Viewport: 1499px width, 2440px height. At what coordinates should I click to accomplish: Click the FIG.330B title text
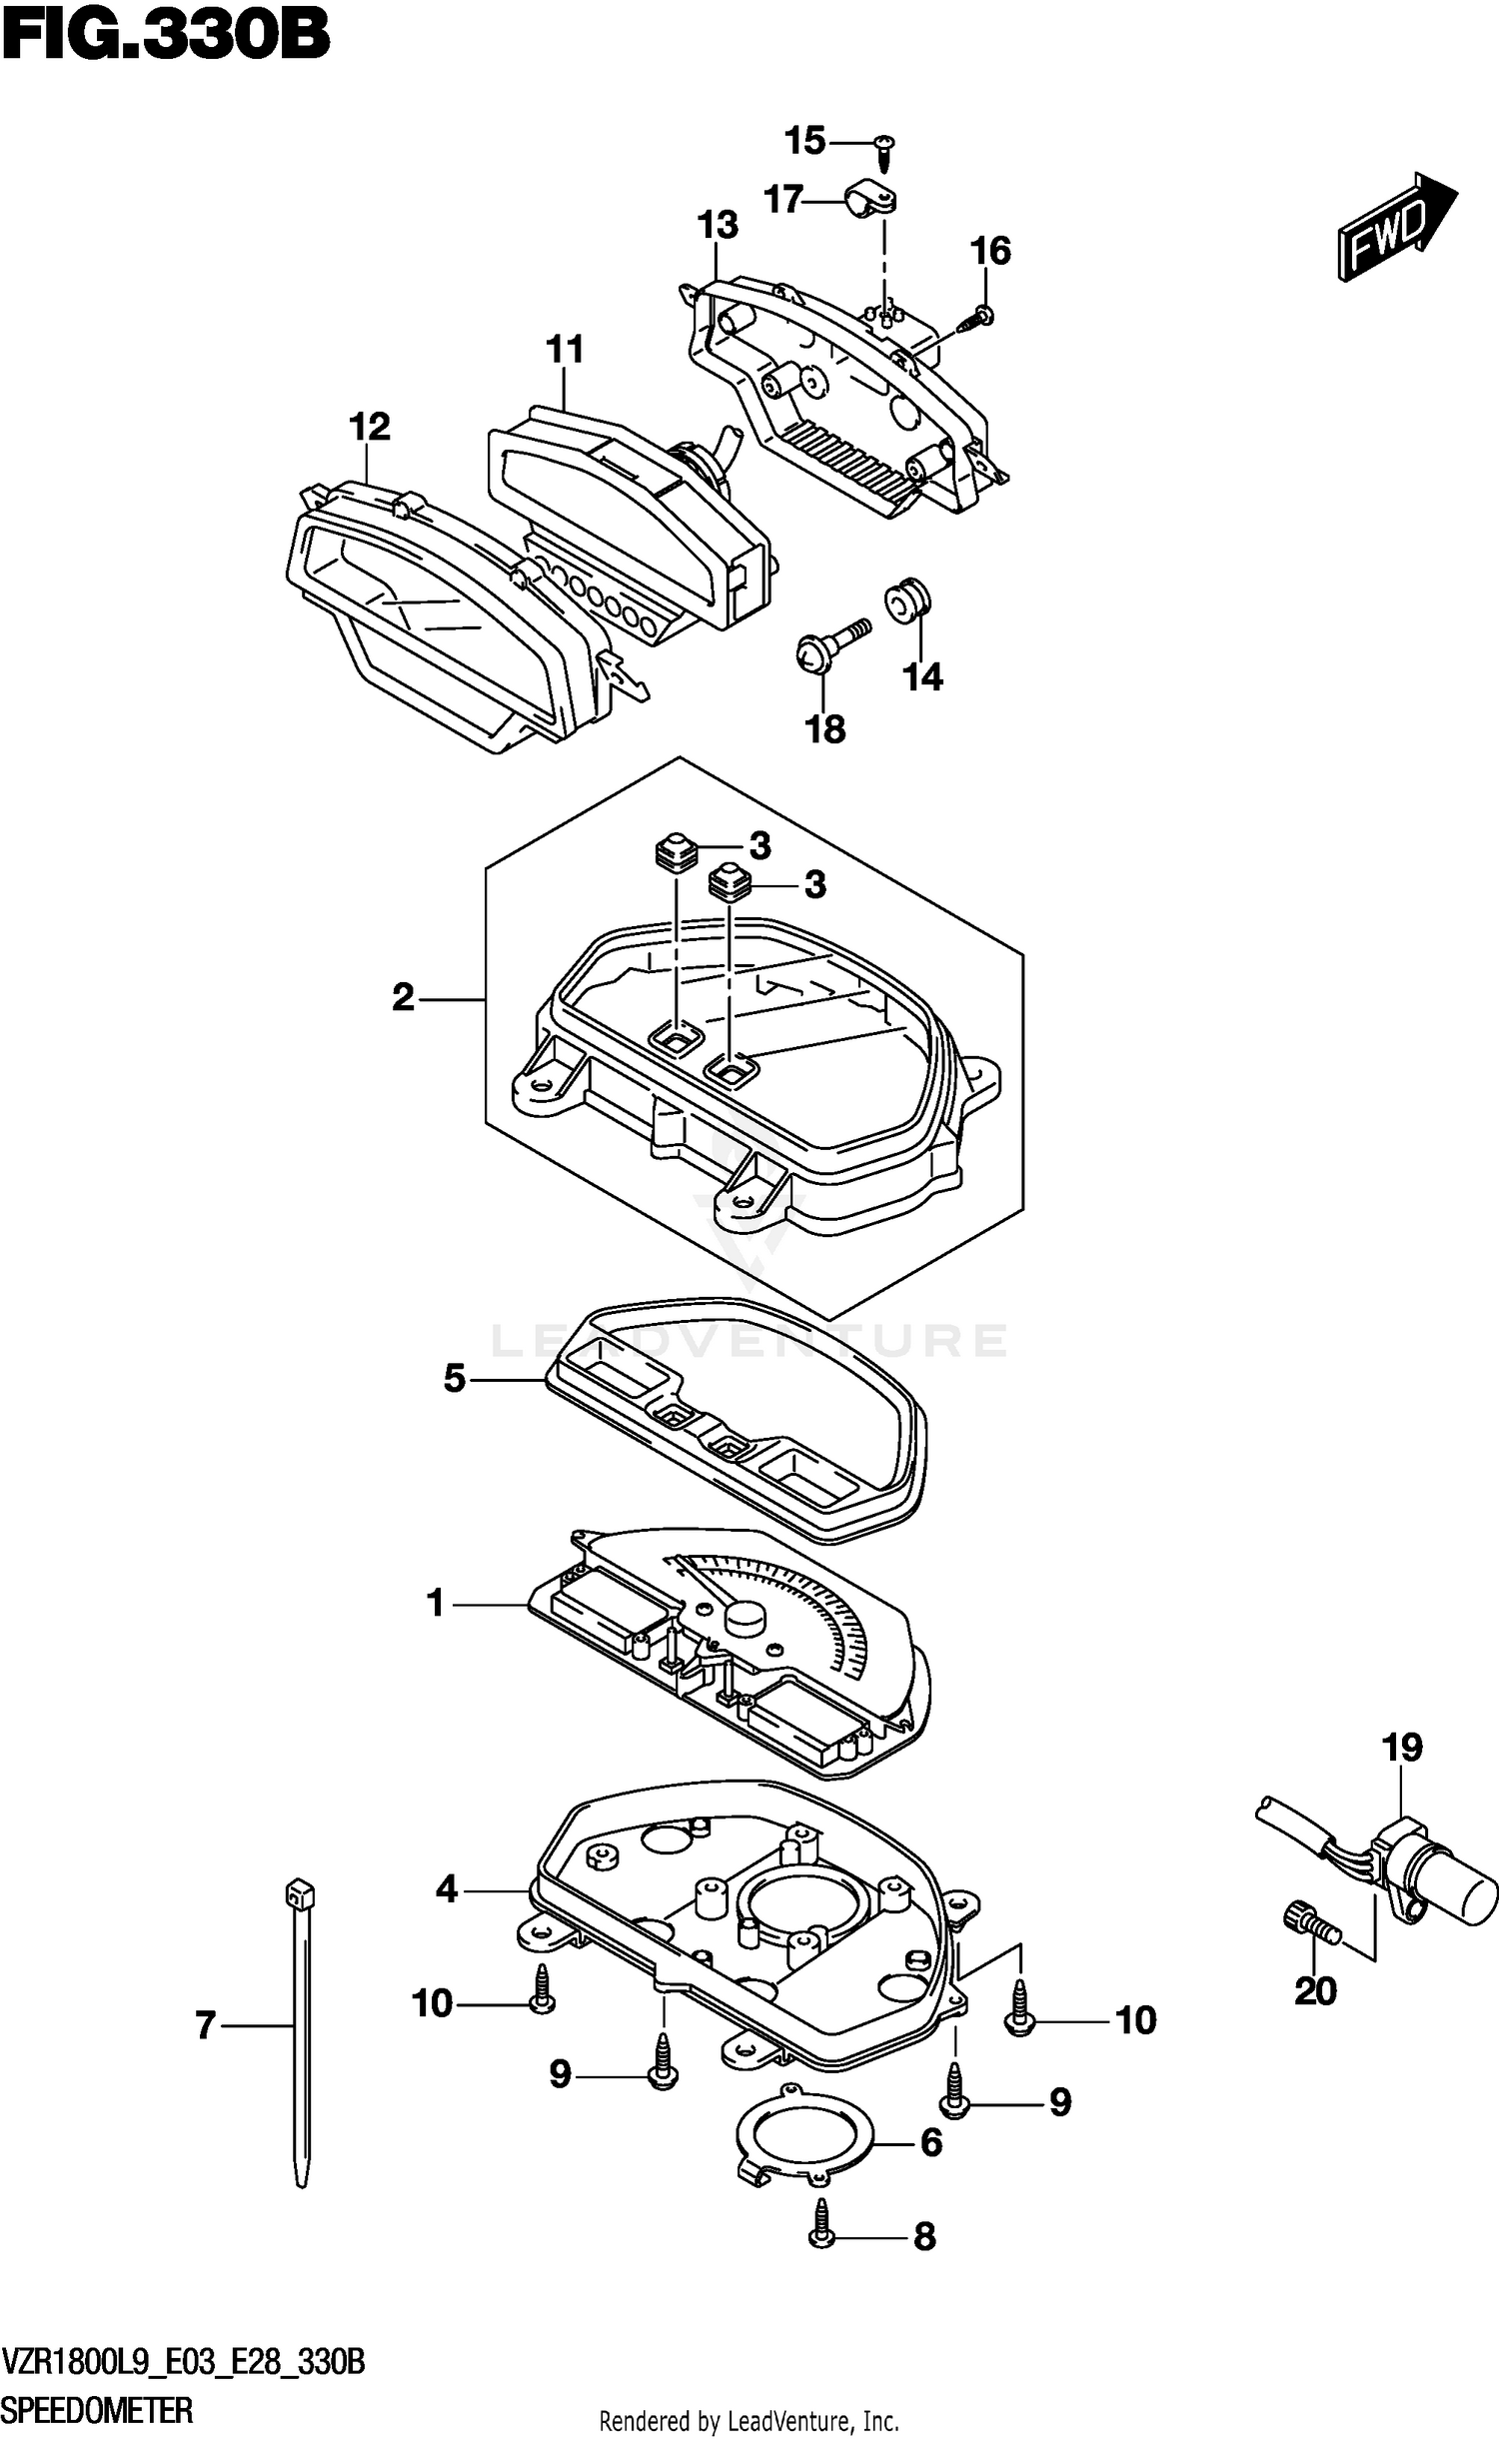166,36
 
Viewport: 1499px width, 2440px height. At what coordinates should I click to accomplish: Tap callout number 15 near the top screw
804,141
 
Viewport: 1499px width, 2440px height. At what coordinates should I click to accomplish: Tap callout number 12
369,427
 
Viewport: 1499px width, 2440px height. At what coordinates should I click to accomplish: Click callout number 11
565,350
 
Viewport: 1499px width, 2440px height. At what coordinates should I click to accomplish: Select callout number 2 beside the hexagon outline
403,997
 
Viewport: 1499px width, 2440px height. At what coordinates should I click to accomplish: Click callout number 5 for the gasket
454,1380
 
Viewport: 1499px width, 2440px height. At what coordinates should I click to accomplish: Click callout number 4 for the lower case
446,1889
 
